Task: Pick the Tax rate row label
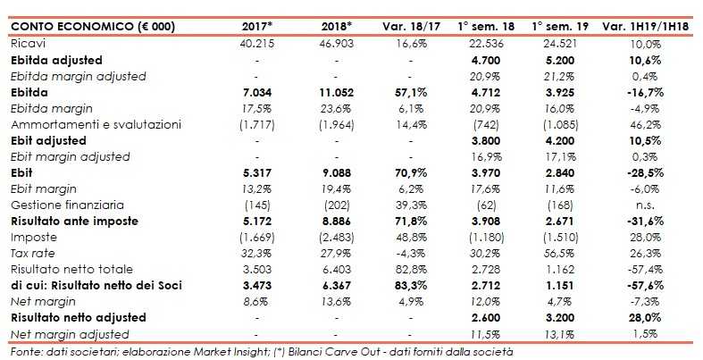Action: pyautogui.click(x=32, y=254)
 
